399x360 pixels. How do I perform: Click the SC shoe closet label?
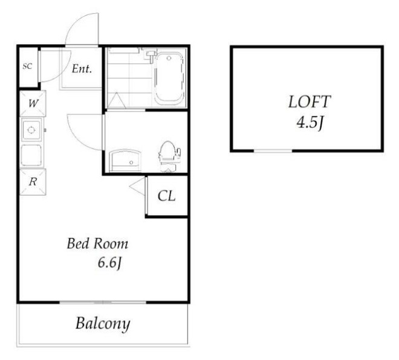pos(27,66)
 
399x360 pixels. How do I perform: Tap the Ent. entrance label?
pos(82,69)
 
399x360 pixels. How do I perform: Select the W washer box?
pos(33,103)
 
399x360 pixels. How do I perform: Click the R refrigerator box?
pos(33,182)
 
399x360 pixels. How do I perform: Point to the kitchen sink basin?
pos(31,130)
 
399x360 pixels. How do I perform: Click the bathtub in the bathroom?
pos(169,78)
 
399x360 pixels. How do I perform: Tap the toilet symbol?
pos(169,156)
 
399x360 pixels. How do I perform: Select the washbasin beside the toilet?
pos(125,160)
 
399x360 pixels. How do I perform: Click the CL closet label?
pos(166,196)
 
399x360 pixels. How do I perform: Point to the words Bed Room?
pos(97,243)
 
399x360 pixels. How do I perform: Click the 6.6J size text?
pos(109,262)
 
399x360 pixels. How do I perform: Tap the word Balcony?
pos(103,324)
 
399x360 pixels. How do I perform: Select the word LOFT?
pos(310,101)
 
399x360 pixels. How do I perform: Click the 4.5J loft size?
pos(310,123)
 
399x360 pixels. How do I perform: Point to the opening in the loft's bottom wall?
pos(273,151)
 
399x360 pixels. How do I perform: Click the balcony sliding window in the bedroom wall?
pos(103,302)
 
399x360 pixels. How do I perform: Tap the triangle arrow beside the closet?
pos(137,187)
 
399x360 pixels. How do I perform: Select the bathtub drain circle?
pos(169,58)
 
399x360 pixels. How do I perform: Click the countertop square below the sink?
pos(31,155)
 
